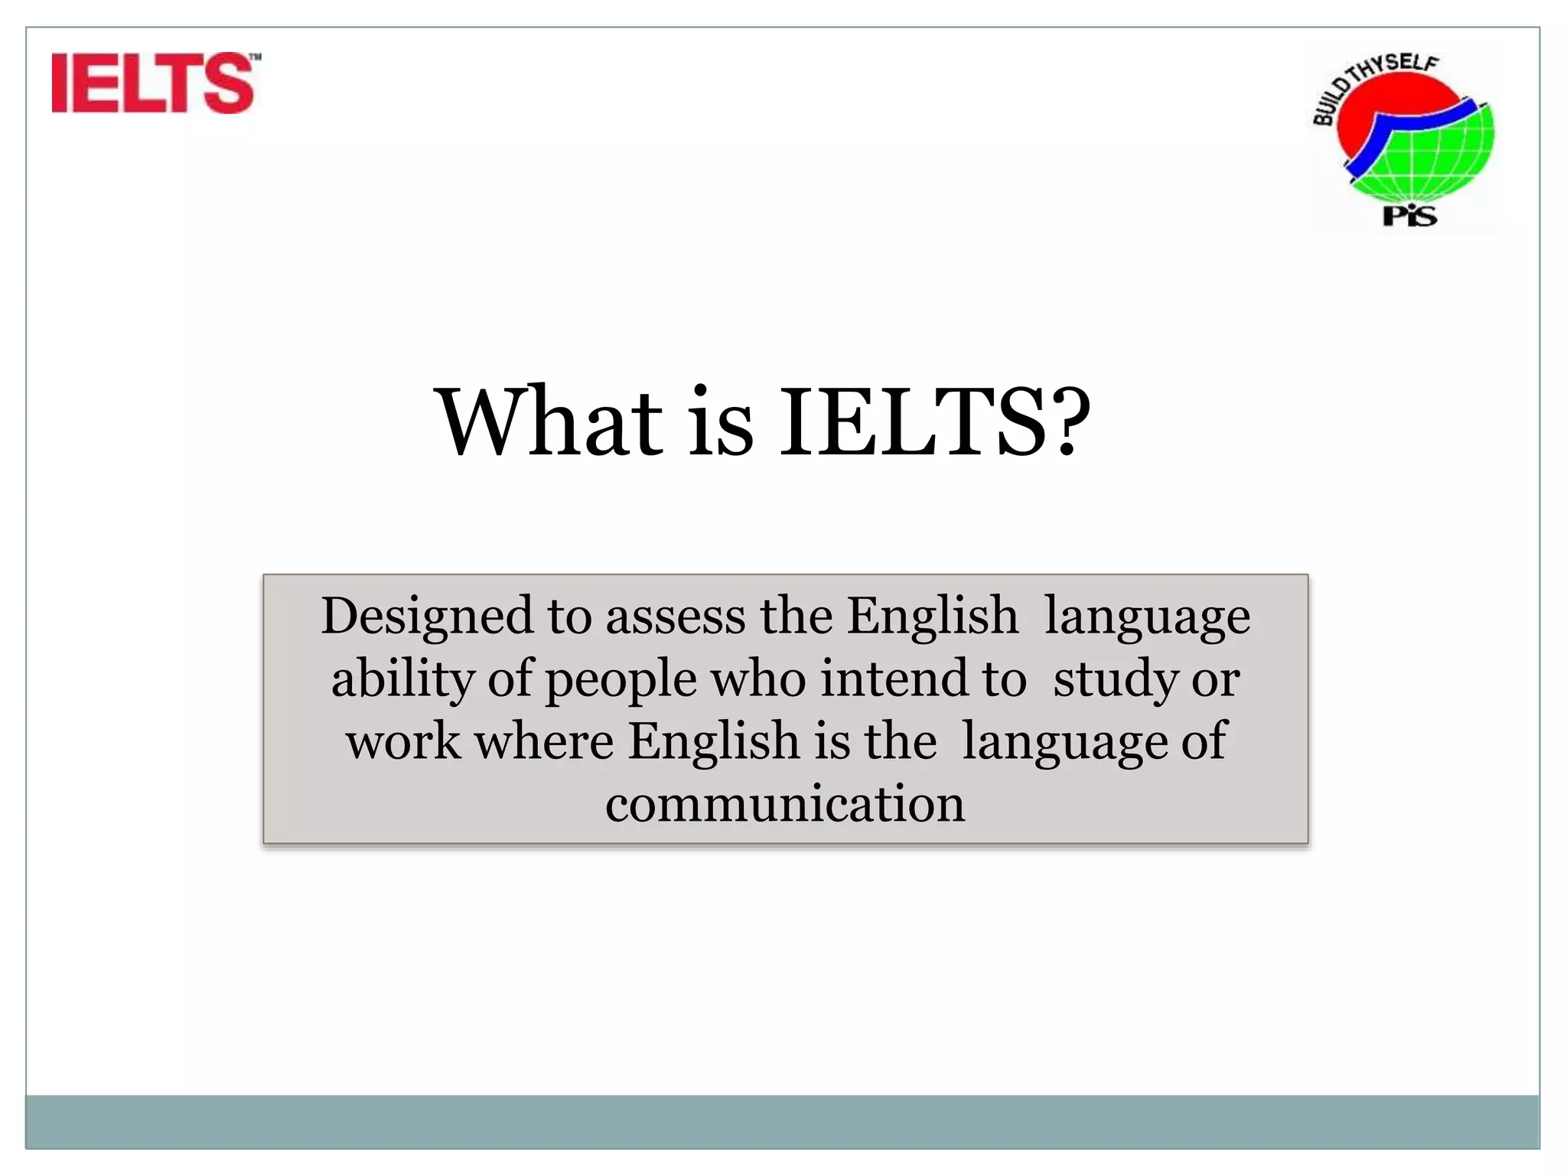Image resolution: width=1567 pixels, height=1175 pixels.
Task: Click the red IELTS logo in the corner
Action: (x=152, y=83)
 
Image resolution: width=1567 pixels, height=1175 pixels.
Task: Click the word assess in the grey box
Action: (x=675, y=617)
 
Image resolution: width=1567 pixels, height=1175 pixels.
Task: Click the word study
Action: (x=1115, y=679)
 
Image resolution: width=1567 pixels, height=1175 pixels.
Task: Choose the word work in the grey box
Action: (x=403, y=741)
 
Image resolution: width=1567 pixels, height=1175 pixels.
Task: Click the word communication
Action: (x=785, y=804)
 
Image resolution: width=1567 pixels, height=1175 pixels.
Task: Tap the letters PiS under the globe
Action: (x=1409, y=216)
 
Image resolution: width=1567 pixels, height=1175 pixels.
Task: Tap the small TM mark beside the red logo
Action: (x=256, y=57)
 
